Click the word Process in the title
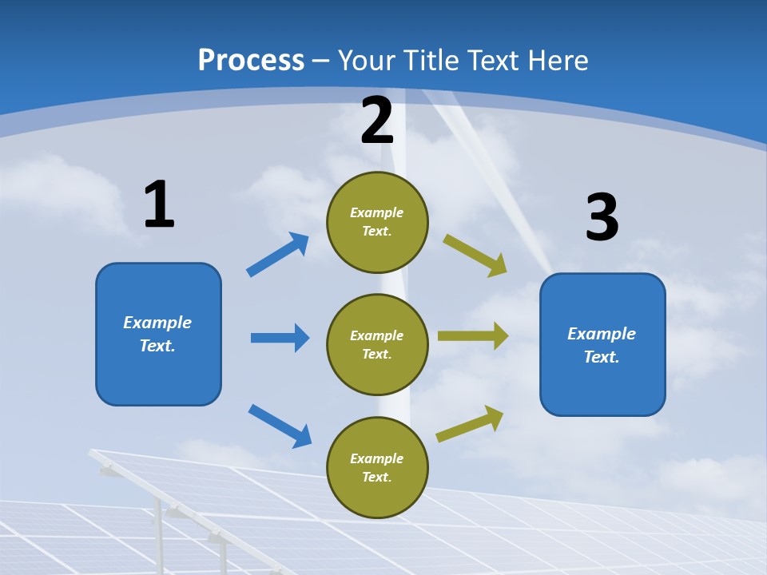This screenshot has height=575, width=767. click(x=251, y=60)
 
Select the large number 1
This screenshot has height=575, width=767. click(x=159, y=204)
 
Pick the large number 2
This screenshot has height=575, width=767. click(x=377, y=121)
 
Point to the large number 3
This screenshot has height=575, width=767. click(x=602, y=218)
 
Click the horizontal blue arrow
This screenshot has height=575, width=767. click(x=280, y=338)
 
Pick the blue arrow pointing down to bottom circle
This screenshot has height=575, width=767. click(x=280, y=426)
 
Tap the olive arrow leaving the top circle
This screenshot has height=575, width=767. click(x=475, y=255)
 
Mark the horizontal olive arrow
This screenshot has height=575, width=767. click(x=473, y=335)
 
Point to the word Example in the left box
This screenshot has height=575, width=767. click(x=157, y=323)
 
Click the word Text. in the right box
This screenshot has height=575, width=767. click(x=602, y=357)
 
